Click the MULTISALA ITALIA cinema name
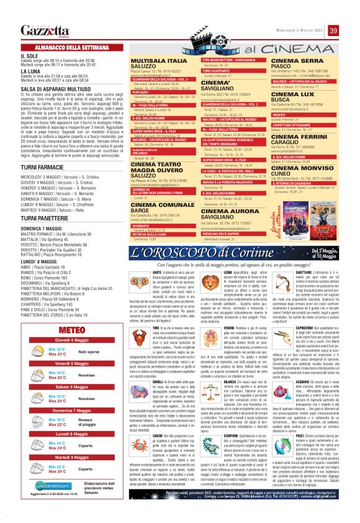143,63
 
